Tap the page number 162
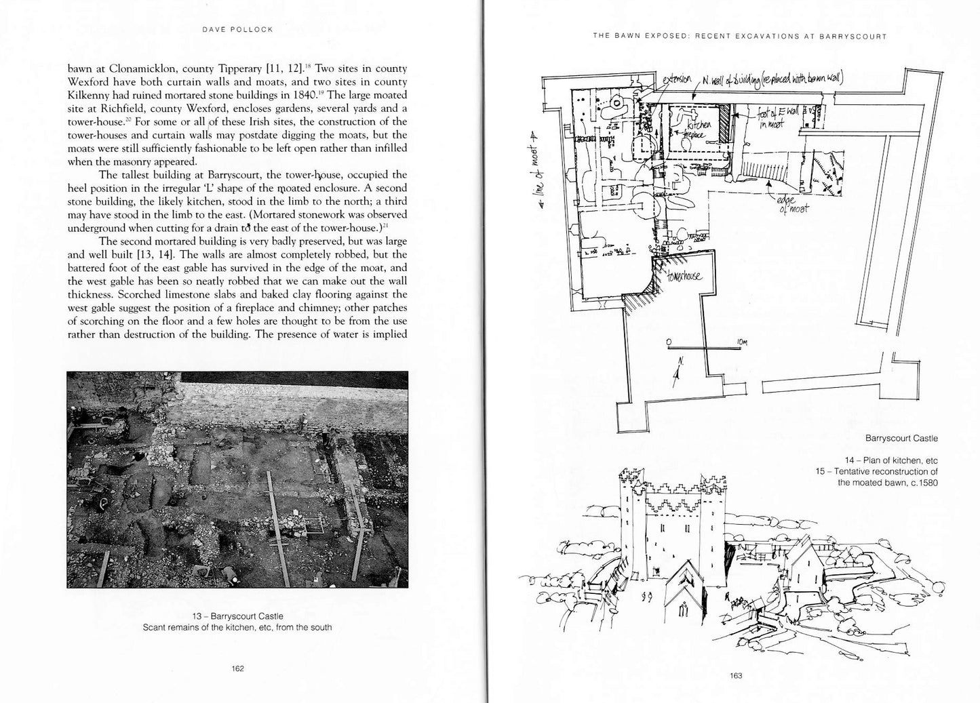click(237, 668)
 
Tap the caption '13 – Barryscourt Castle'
click(237, 616)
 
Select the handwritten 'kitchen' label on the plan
click(699, 125)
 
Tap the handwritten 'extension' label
click(678, 80)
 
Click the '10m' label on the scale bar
click(741, 342)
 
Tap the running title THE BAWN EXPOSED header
click(739, 36)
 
